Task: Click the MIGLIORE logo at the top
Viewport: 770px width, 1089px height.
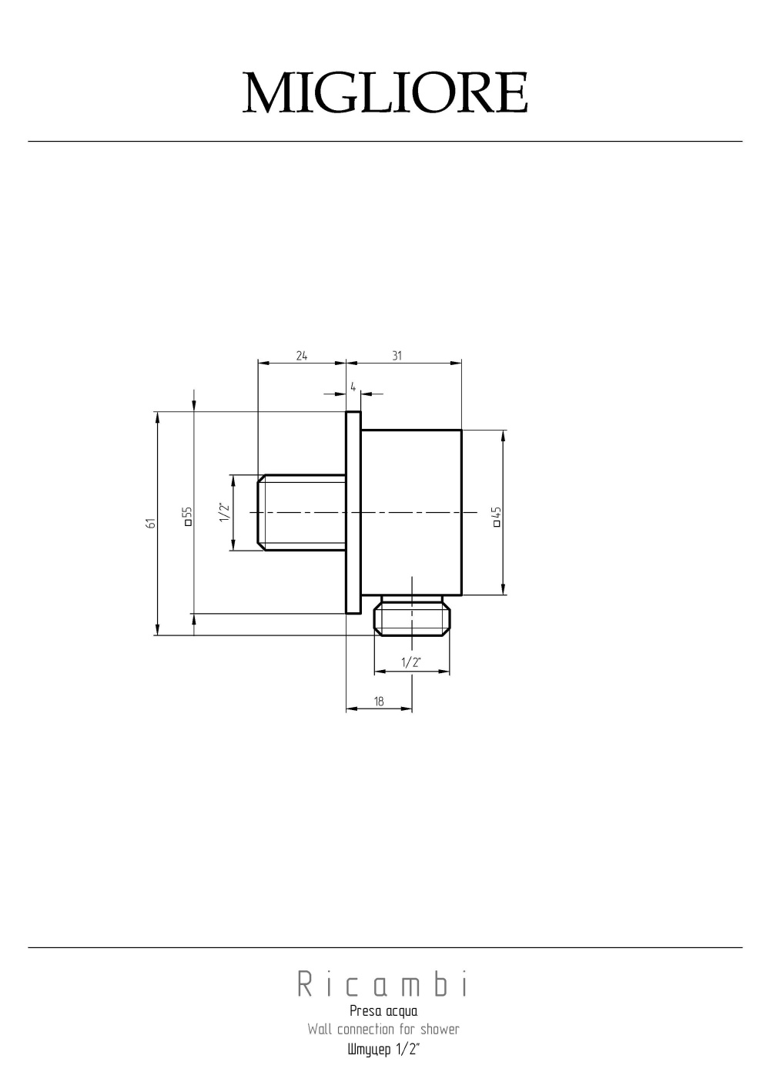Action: (385, 94)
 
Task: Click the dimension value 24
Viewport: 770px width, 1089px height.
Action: (301, 355)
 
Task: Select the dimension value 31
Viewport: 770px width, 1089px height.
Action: (397, 355)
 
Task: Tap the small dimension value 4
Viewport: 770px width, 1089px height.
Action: (353, 386)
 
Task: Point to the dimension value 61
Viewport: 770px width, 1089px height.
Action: (152, 523)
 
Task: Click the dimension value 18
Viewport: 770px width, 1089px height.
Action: (379, 701)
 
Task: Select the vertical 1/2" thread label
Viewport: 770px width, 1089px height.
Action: (223, 512)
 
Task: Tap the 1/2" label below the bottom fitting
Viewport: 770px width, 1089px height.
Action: (411, 662)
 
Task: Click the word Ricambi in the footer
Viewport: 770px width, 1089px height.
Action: (383, 985)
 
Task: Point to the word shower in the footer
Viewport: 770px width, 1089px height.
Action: (440, 1029)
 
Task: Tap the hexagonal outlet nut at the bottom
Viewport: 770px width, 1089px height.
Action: (412, 618)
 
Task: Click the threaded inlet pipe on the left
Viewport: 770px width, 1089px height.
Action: (300, 512)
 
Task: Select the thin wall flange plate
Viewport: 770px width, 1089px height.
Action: (353, 512)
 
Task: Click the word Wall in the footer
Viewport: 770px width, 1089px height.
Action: (320, 1029)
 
